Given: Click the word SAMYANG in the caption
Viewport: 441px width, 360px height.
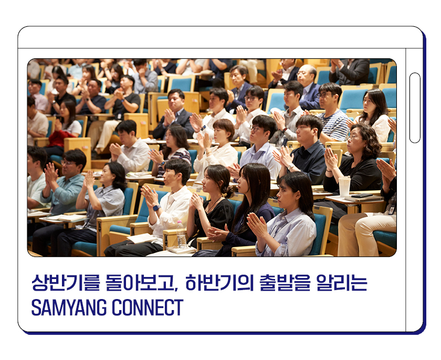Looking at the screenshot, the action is click(69, 307).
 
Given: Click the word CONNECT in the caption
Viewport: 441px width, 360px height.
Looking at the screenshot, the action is click(148, 307).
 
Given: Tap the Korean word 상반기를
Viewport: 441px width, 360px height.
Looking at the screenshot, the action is click(66, 282).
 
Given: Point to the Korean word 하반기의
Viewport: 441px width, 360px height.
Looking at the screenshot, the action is click(219, 282).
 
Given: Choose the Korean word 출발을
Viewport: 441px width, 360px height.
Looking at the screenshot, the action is click(285, 282).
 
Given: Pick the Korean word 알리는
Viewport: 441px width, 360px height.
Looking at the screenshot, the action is click(342, 282).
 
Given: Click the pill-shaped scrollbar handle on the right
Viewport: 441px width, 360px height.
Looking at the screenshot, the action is click(415, 108).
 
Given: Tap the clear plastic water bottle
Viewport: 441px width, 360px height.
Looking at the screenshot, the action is click(182, 234).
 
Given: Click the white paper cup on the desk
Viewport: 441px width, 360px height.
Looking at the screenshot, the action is click(344, 186).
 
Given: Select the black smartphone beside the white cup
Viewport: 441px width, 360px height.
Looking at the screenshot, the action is click(362, 196).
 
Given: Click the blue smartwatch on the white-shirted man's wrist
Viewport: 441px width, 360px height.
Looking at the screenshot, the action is click(156, 208).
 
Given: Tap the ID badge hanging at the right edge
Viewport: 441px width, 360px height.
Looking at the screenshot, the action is click(392, 209).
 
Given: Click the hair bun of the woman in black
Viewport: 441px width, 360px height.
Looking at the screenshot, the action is click(228, 192).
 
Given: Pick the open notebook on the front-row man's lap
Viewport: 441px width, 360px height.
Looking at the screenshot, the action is click(142, 239).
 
